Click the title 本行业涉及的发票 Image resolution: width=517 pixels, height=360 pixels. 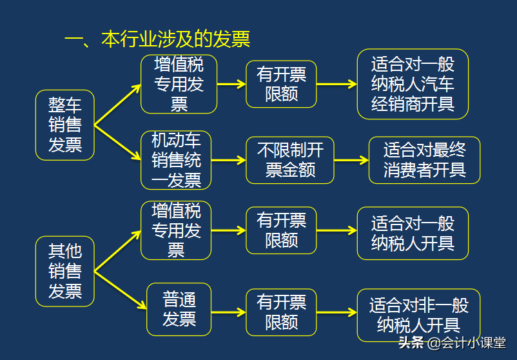[157, 39]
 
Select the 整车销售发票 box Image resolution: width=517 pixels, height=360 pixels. [64, 125]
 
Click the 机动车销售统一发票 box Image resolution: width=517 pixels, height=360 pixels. [176, 160]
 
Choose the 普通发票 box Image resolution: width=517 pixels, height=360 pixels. [179, 309]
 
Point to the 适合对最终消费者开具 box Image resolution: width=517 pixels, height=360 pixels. [424, 160]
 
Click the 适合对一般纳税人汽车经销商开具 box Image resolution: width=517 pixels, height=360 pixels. [413, 84]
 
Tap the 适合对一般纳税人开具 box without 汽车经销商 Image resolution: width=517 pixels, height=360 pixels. [413, 233]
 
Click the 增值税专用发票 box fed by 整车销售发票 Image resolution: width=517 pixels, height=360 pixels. [179, 84]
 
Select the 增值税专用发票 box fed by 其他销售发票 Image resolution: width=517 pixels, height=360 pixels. [176, 230]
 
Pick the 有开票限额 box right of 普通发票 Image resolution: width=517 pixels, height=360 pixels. [281, 312]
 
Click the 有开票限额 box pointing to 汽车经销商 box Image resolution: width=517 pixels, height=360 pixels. [281, 84]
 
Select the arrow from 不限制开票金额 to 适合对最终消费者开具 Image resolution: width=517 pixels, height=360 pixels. [351, 160]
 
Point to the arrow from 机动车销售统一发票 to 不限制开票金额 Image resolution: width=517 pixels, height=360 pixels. [228, 160]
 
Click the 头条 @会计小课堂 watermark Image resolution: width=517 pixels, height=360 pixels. [452, 343]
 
